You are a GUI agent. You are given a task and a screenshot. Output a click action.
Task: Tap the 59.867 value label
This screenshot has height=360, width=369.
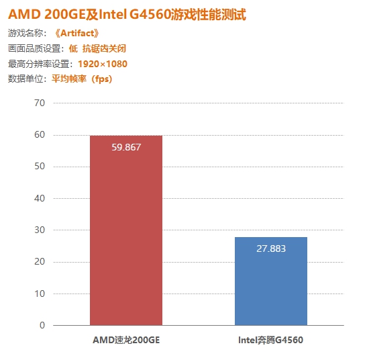[126, 147]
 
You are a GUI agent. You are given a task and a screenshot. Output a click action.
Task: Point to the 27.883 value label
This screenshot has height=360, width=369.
[271, 249]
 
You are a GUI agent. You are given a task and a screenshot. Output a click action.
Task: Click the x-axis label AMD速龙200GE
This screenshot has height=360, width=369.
[126, 341]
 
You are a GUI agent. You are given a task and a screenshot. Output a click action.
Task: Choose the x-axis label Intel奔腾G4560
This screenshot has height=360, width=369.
[271, 341]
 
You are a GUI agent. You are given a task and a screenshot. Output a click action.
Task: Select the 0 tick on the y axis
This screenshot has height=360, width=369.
[42, 326]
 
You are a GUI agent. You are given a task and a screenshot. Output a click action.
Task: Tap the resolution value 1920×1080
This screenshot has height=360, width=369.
[102, 64]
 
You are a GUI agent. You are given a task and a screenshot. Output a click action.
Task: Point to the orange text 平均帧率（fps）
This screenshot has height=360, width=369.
[82, 79]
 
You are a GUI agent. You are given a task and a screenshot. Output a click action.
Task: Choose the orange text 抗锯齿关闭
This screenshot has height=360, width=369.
[105, 48]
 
